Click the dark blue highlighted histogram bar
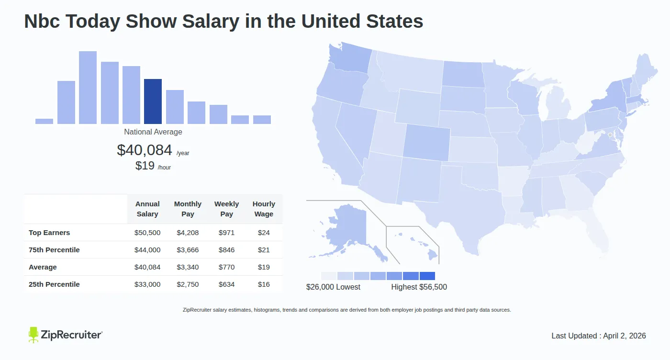click(x=153, y=101)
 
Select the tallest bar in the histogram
click(x=88, y=88)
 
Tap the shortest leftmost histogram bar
click(x=44, y=121)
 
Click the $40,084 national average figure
click(x=145, y=150)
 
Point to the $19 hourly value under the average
click(x=145, y=166)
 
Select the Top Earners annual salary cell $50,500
click(x=147, y=233)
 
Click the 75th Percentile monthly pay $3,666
click(x=188, y=250)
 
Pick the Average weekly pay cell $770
click(x=226, y=267)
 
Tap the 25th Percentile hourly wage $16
click(x=264, y=284)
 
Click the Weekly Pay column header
click(x=226, y=209)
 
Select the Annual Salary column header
click(x=147, y=209)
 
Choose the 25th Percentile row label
click(x=54, y=284)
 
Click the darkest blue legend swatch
click(x=427, y=276)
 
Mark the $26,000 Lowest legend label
click(x=333, y=287)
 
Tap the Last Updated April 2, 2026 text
click(x=598, y=336)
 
